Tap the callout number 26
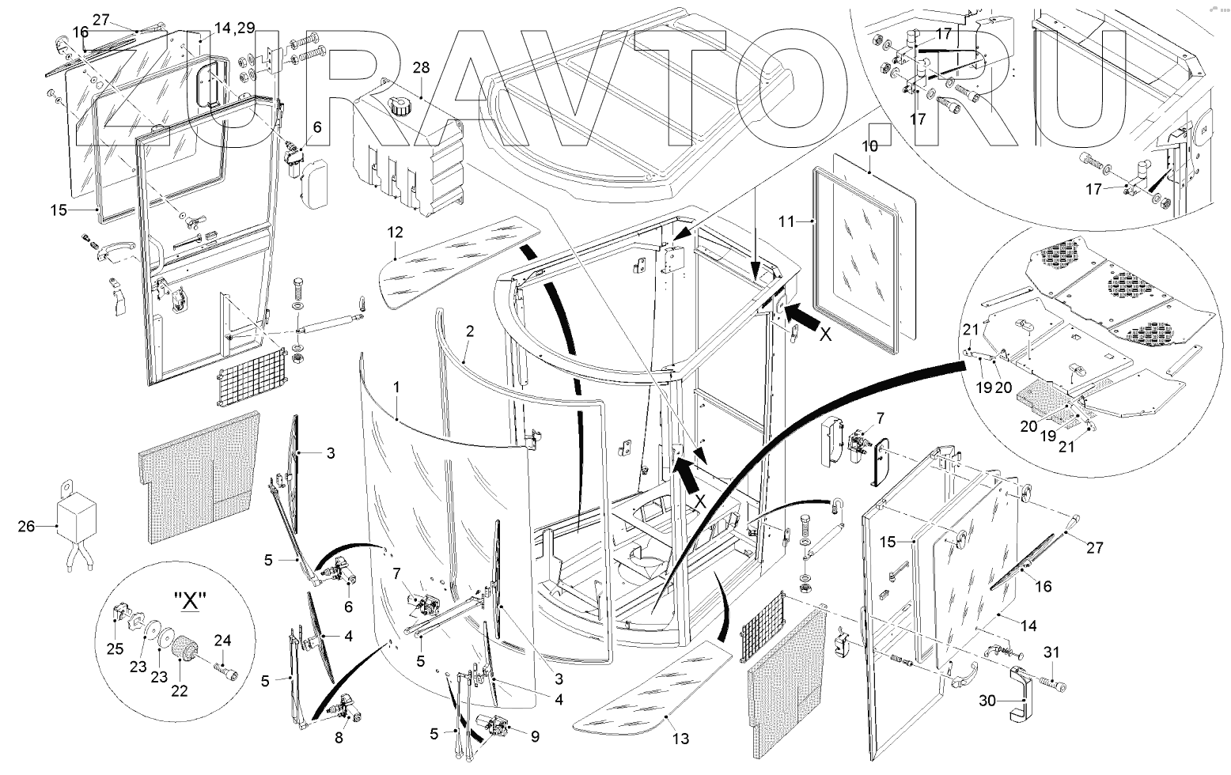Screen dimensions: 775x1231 tap(27, 525)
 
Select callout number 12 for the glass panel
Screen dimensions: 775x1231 tap(396, 232)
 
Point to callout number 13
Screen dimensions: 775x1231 tap(680, 739)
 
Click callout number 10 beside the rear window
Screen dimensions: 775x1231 tap(869, 146)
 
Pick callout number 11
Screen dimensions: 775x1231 tap(786, 222)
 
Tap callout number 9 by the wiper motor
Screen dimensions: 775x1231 tap(535, 737)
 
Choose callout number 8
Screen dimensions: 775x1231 tap(339, 738)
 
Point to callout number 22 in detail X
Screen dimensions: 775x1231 tap(180, 690)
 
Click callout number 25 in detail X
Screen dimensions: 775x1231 tap(116, 649)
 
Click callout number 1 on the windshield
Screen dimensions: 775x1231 tap(396, 389)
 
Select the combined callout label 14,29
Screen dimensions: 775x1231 tap(234, 28)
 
